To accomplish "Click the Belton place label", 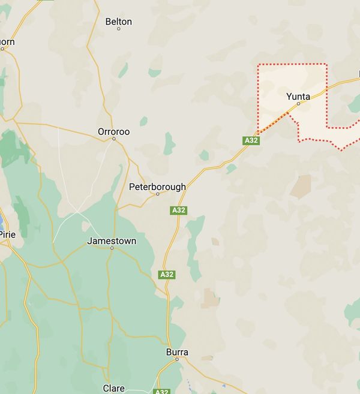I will pos(118,22).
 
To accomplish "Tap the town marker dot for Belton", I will pos(119,29).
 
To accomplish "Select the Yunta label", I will pos(298,96).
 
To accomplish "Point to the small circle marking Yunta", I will pos(298,104).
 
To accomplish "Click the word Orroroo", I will pos(113,131).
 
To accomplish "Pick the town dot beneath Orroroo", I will pos(113,139).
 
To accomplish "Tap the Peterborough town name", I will pos(157,187).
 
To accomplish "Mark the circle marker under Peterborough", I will pos(158,194).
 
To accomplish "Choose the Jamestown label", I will pos(112,241).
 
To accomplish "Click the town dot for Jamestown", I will pos(112,248).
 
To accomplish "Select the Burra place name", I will pos(177,353).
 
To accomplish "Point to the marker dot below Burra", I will pos(177,360).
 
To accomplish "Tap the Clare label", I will pos(113,389).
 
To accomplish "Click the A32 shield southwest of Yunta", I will pos(251,140).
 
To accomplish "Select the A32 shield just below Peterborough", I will pos(178,210).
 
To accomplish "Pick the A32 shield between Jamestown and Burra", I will pos(167,275).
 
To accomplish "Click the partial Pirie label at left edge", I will pos(7,234).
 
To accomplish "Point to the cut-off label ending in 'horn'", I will pos(7,42).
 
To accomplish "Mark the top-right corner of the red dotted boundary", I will pos(327,64).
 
